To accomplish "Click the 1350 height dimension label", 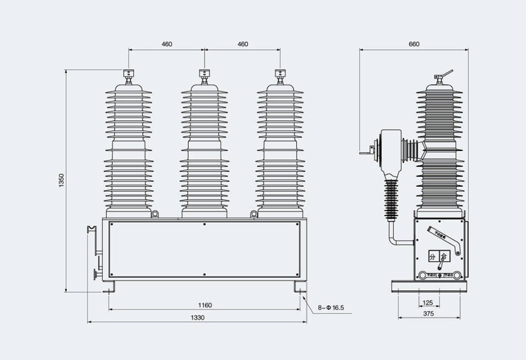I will pyautogui.click(x=62, y=180).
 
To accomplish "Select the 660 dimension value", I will pyautogui.click(x=414, y=44).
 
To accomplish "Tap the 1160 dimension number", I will pyautogui.click(x=205, y=305).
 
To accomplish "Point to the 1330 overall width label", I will pyautogui.click(x=197, y=317).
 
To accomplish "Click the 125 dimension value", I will pyautogui.click(x=428, y=303).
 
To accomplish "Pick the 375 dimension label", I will pyautogui.click(x=428, y=314).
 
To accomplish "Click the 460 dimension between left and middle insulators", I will pyautogui.click(x=167, y=44).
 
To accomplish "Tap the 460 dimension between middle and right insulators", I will pyautogui.click(x=242, y=44).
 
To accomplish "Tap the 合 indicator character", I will pyautogui.click(x=443, y=257).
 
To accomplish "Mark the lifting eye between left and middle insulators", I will pyautogui.click(x=156, y=213).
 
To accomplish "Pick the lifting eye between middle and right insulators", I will pyautogui.click(x=253, y=213).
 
